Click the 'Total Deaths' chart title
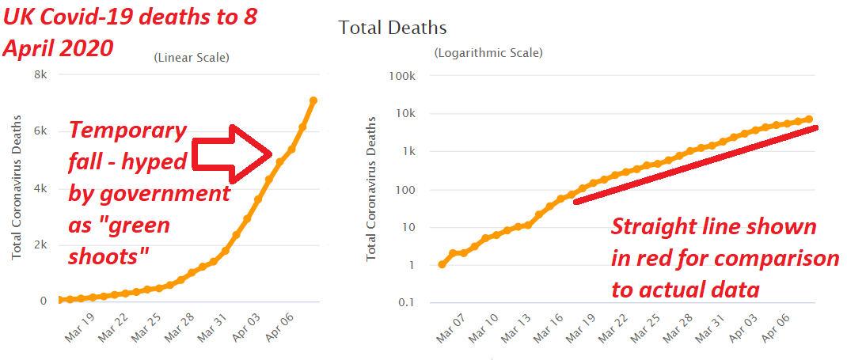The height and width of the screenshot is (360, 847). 393,28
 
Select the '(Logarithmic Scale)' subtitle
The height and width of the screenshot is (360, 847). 488,53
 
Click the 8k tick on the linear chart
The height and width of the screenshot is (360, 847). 39,75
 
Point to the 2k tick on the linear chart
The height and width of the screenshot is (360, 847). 39,245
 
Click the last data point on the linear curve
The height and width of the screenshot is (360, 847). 313,100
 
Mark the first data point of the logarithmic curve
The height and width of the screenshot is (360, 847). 442,264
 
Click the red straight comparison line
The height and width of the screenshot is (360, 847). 697,164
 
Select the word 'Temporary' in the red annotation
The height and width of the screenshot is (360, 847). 128,131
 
